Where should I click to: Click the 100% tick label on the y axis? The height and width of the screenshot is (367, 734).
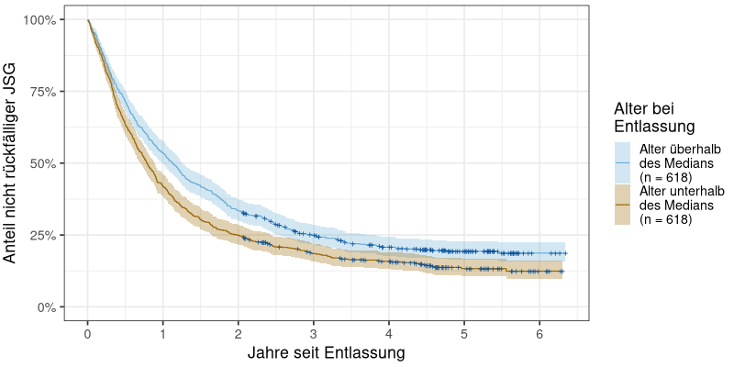pos(42,20)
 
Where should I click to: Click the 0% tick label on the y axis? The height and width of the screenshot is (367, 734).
pos(49,306)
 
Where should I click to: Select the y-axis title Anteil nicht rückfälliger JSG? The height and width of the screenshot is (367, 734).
pos(11,163)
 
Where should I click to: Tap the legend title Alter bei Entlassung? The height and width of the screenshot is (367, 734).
pos(653,117)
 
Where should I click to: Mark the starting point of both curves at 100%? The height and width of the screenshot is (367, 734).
pos(88,20)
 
